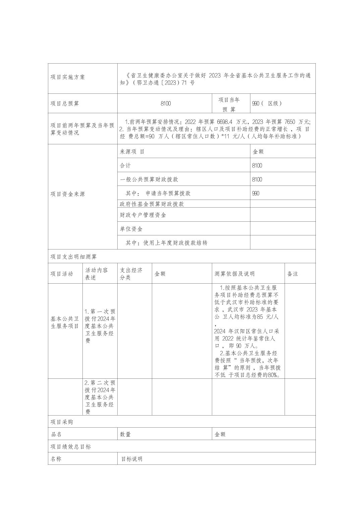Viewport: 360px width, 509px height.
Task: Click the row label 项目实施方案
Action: tap(68, 77)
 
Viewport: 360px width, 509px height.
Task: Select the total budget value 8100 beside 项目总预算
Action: tap(166, 103)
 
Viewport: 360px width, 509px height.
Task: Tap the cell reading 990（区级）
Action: tap(267, 103)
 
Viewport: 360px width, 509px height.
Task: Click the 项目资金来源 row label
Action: tap(68, 194)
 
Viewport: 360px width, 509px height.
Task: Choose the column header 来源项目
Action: tap(132, 152)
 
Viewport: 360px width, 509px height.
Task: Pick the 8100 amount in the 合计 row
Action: tap(257, 166)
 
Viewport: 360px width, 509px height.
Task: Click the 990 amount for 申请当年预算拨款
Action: tap(256, 194)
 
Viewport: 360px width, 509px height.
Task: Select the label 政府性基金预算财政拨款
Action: tap(152, 204)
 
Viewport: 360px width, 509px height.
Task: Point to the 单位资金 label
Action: tap(131, 229)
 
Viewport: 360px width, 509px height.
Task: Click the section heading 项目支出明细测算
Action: tap(74, 257)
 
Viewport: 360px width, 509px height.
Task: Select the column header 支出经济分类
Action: tap(131, 274)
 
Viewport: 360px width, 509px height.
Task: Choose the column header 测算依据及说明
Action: tap(235, 274)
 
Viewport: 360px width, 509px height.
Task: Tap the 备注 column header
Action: tap(293, 274)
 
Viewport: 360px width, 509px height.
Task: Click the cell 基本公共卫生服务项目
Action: tap(65, 322)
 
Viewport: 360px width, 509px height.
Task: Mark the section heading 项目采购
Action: tap(62, 422)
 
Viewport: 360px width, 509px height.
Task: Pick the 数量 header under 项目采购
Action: tap(125, 435)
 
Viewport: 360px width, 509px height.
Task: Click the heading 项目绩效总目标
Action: tap(71, 447)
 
